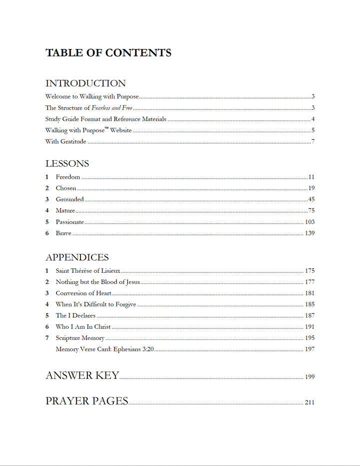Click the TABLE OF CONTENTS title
pos(108,53)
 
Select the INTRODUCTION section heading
pos(85,84)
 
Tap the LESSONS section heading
pos(67,164)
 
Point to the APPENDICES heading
pos(77,257)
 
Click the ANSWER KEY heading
pos(82,375)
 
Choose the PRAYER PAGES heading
pos(87,401)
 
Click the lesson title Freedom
pos(68,177)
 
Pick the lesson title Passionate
pos(69,222)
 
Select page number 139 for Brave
pos(309,234)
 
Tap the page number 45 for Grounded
pos(311,200)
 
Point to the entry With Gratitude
pos(65,142)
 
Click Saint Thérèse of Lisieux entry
pos(88,271)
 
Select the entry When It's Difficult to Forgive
pos(96,305)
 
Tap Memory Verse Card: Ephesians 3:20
pos(104,349)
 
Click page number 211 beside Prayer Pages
pos(309,402)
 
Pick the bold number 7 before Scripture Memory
pos(47,338)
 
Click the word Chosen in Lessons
pos(66,189)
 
